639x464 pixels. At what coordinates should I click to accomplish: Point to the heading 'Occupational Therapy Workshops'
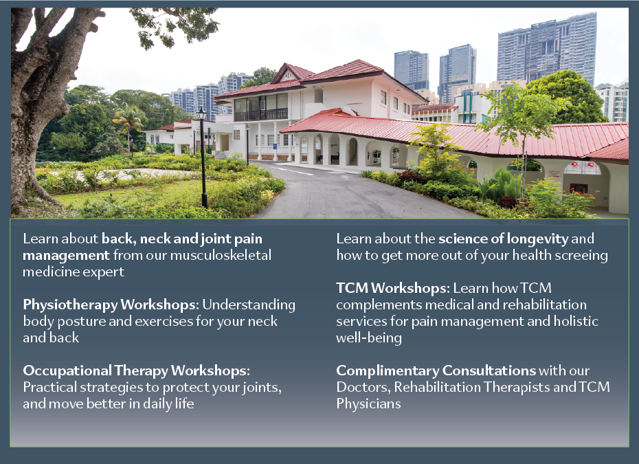(135, 371)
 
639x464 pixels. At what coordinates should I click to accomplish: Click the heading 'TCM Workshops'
(391, 288)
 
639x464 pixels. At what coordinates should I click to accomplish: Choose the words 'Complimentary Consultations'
(436, 371)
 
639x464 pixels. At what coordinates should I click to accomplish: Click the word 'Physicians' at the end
(368, 404)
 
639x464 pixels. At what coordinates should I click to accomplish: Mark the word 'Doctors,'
(362, 387)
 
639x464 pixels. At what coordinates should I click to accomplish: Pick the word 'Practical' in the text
(49, 387)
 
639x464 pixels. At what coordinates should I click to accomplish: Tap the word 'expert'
(103, 272)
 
